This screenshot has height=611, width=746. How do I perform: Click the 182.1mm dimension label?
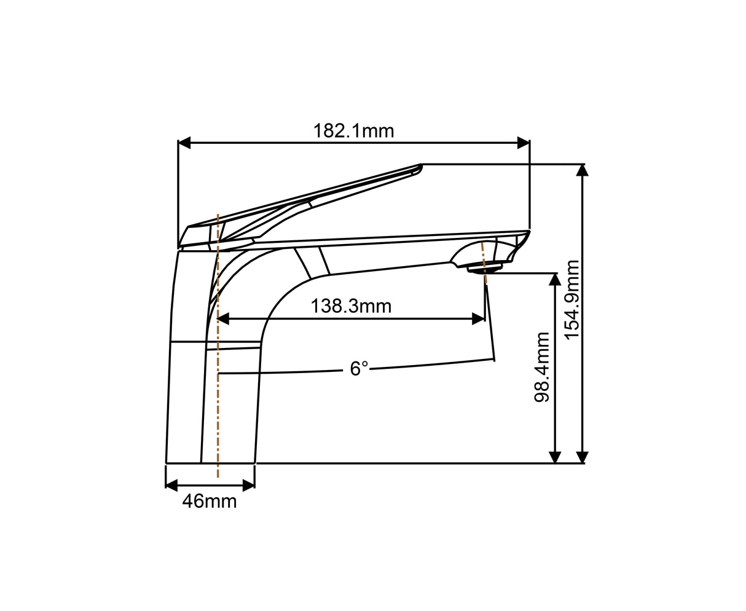[353, 131]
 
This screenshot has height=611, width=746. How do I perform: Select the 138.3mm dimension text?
[350, 305]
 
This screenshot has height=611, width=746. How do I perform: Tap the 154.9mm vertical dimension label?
[572, 299]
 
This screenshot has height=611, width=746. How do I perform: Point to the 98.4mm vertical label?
[542, 367]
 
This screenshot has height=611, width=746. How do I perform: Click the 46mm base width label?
[209, 502]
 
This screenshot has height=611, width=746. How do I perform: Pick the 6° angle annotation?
[359, 369]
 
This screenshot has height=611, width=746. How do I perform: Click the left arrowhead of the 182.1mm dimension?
[184, 143]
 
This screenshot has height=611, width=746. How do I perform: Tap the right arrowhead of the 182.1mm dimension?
[523, 143]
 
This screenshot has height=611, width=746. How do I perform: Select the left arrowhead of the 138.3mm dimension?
[223, 318]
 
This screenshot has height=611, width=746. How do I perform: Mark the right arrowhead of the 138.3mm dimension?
[477, 318]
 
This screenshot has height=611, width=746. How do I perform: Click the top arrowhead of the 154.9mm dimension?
[582, 170]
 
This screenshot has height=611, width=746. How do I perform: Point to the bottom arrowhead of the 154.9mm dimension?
[582, 457]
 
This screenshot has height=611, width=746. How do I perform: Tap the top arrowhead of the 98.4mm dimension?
[555, 280]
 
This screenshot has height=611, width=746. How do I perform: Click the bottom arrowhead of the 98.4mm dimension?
[555, 457]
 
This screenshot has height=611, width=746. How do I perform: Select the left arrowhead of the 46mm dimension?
[172, 485]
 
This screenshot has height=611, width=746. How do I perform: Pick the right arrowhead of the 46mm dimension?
[248, 485]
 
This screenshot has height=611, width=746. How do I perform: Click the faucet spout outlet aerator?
[485, 268]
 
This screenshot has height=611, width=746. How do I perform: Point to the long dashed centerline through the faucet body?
[218, 400]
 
